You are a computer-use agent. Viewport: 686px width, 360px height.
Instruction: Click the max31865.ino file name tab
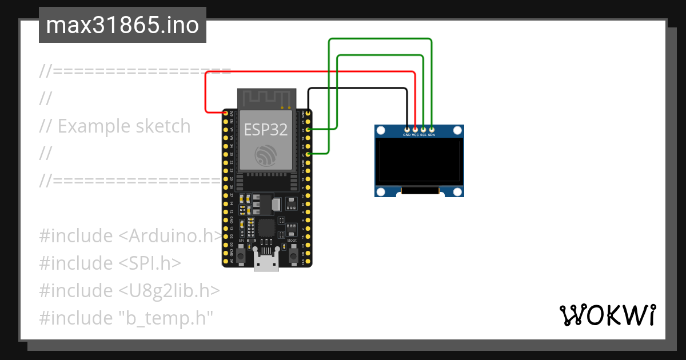[122, 26]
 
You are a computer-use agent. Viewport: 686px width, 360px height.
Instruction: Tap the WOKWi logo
[607, 315]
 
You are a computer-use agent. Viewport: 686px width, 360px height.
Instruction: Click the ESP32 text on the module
[266, 130]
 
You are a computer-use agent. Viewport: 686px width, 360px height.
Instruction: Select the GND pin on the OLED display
[406, 129]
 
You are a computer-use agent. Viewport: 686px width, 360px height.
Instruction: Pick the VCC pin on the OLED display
[415, 129]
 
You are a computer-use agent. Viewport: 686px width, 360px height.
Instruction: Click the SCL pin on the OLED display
[423, 129]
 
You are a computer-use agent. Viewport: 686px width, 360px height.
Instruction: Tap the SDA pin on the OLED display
[432, 129]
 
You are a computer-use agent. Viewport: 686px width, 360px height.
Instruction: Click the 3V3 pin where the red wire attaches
[226, 114]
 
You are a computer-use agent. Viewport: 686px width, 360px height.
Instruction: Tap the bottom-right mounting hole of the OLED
[457, 191]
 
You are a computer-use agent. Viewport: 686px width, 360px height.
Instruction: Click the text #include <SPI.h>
[110, 263]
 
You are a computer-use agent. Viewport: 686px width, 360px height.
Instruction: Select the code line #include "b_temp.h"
[126, 318]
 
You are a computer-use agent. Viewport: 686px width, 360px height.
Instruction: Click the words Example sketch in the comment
[124, 126]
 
